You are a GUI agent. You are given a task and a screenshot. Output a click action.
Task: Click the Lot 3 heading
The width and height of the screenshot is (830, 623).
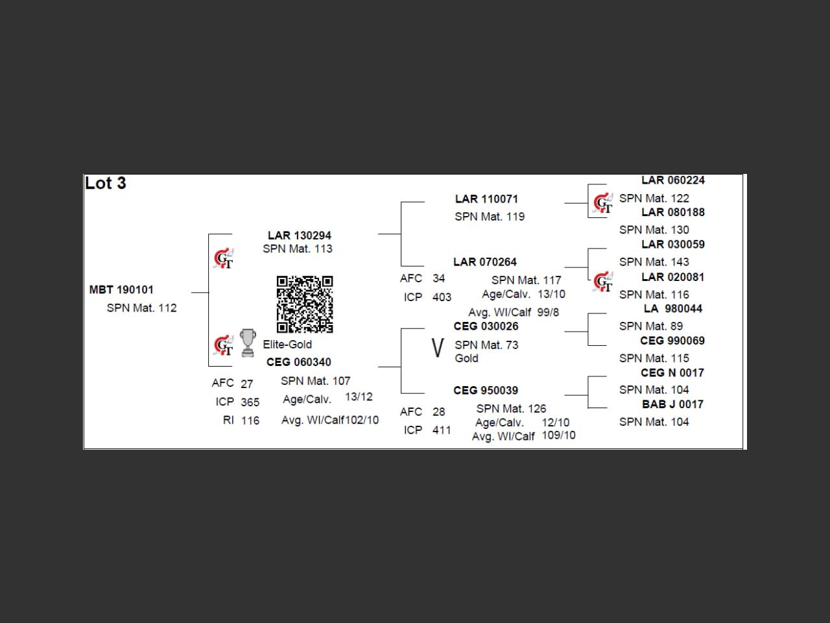[x=106, y=184]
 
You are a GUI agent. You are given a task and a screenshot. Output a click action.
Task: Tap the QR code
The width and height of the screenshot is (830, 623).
[x=305, y=304]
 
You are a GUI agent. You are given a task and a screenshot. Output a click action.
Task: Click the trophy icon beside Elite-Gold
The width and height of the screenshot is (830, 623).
[x=248, y=343]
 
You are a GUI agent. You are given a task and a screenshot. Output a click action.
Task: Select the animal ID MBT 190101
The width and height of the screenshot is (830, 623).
[x=121, y=290]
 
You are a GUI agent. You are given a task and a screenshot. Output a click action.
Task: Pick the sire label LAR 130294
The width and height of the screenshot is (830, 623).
[x=300, y=236]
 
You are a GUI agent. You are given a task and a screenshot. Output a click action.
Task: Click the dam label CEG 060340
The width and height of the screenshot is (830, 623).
[x=298, y=362]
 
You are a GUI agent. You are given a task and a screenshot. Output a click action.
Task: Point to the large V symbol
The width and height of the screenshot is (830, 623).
[x=438, y=348]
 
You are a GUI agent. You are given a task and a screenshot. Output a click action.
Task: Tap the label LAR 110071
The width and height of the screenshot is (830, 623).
[x=486, y=199]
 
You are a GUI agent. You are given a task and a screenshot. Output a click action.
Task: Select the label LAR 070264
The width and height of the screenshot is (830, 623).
[x=485, y=262]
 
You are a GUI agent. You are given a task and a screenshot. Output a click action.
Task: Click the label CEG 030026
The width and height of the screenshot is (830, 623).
[x=486, y=326]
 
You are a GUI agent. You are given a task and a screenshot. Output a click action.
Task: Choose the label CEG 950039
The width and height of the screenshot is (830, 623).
[x=486, y=391]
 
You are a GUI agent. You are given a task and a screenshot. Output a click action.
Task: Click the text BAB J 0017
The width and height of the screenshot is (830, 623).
[x=672, y=404]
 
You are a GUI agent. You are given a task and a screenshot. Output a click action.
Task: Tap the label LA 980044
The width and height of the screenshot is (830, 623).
[x=672, y=309]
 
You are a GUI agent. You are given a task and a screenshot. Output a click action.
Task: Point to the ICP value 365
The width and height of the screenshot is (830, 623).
[x=250, y=402]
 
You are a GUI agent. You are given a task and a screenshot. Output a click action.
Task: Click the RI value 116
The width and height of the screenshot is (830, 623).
[x=250, y=421]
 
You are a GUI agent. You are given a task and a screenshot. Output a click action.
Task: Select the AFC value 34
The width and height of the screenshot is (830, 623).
[x=439, y=278]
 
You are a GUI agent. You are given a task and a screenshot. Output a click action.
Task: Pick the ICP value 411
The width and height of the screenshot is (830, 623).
[x=442, y=430]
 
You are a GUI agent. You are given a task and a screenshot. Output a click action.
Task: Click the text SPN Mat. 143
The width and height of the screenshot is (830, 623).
[x=654, y=262]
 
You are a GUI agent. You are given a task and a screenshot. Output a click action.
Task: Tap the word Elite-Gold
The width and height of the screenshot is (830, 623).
[x=287, y=345]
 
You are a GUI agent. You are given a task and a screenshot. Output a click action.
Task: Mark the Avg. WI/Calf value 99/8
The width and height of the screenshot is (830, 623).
[x=548, y=312]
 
